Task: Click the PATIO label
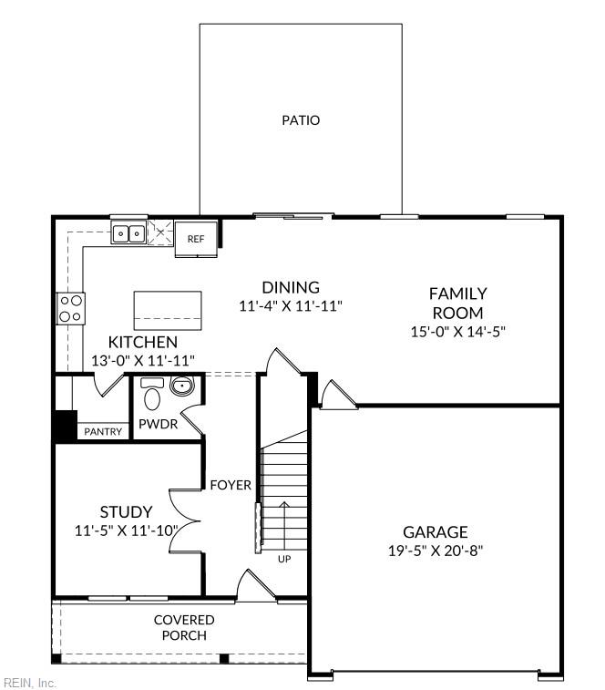pos(300,119)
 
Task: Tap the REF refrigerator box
pos(196,239)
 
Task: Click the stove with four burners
pos(71,308)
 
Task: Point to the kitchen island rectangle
pos(168,311)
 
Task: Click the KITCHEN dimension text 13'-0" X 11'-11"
pos(143,361)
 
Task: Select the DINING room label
pos(291,287)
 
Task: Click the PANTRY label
pos(103,431)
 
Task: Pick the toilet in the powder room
pos(152,396)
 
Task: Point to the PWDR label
pos(158,425)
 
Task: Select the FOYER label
pos(231,485)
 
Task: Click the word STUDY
pos(126,512)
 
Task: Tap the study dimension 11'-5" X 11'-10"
pos(126,530)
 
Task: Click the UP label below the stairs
pos(284,559)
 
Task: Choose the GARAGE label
pos(435,532)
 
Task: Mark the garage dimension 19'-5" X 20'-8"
pos(435,551)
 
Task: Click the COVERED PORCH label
pos(184,627)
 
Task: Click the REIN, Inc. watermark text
pos(30,683)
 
